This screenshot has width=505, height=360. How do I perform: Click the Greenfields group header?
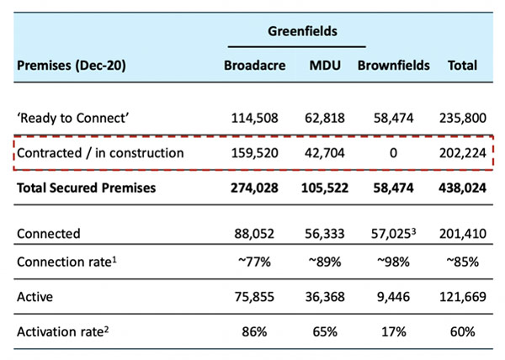[302, 31]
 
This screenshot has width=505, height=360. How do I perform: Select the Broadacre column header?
[254, 66]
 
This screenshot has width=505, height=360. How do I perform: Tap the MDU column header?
[325, 66]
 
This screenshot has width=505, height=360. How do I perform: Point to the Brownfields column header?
[393, 66]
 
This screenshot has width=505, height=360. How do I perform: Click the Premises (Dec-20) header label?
[72, 66]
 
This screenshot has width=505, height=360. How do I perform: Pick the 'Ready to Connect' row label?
[72, 118]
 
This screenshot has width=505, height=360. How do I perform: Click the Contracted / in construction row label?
[100, 153]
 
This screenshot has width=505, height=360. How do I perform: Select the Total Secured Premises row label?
[87, 188]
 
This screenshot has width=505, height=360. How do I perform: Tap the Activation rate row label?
[62, 331]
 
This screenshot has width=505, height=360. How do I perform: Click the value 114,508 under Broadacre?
[254, 118]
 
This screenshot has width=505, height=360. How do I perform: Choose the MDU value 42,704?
[325, 153]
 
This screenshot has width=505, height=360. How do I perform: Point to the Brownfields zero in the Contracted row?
[393, 153]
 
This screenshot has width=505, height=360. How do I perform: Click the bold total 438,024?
[462, 188]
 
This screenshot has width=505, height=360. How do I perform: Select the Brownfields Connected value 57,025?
[391, 234]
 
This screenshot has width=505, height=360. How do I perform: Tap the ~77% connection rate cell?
[254, 262]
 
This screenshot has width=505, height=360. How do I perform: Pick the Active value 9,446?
[393, 297]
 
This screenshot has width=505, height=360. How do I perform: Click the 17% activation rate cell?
[393, 331]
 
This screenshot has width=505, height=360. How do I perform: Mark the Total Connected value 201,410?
[462, 234]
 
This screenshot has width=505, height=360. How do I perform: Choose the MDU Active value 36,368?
[325, 297]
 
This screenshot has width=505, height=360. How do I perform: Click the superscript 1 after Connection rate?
[114, 259]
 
